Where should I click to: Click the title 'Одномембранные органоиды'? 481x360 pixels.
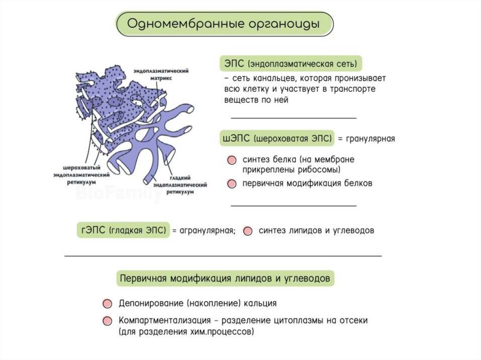click(x=225, y=24)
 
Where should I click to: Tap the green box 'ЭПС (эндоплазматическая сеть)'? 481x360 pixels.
click(x=291, y=63)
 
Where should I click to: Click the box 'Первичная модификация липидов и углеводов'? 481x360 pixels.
click(x=225, y=278)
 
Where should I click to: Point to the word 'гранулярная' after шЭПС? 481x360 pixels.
click(x=371, y=139)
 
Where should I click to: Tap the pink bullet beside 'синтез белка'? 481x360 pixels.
click(x=231, y=160)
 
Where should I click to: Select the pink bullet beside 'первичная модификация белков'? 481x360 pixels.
click(x=231, y=184)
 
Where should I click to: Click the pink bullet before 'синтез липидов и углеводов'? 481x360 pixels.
click(x=248, y=231)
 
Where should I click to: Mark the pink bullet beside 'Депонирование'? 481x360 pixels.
click(x=108, y=303)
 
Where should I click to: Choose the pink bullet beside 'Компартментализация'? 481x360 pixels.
click(x=108, y=321)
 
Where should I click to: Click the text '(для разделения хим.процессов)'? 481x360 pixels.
click(x=186, y=331)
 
